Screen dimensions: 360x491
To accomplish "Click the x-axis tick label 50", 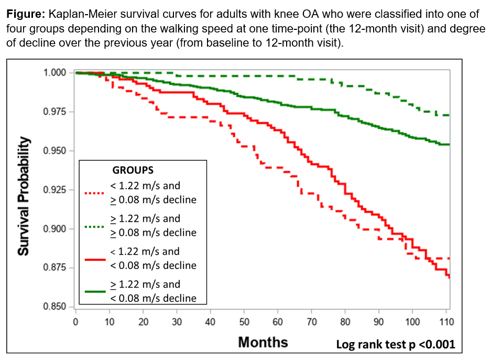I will point(244,321).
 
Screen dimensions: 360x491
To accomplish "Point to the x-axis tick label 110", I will point(446,321).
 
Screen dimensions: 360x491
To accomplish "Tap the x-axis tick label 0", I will point(76,321).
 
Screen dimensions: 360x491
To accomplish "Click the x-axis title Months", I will point(263,342).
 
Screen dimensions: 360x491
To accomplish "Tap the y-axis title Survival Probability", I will point(24,196).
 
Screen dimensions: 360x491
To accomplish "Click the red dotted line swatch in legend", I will point(95,192).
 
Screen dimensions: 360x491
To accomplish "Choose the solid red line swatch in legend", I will point(95,258).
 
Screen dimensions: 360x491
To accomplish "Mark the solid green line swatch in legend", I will point(95,291).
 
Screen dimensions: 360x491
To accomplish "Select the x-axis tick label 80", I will point(345,321).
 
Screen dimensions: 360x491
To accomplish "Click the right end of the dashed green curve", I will point(449,115).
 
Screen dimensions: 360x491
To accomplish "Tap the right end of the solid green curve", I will point(449,145).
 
